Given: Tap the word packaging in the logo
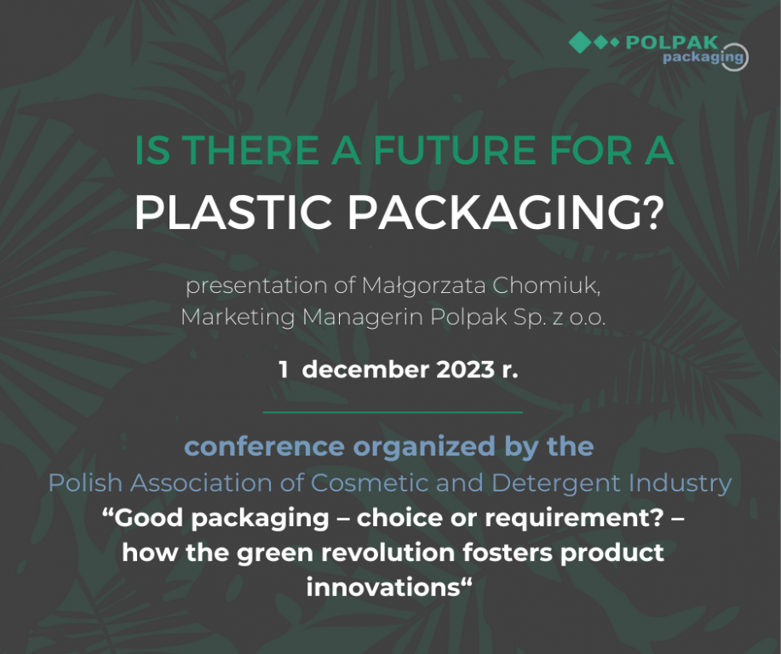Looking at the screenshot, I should tap(703, 58).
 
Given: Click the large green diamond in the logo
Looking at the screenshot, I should tap(579, 42).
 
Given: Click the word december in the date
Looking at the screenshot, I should tap(364, 370).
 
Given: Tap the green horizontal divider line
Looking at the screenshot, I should tap(392, 412).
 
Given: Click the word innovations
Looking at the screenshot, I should tap(383, 586).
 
